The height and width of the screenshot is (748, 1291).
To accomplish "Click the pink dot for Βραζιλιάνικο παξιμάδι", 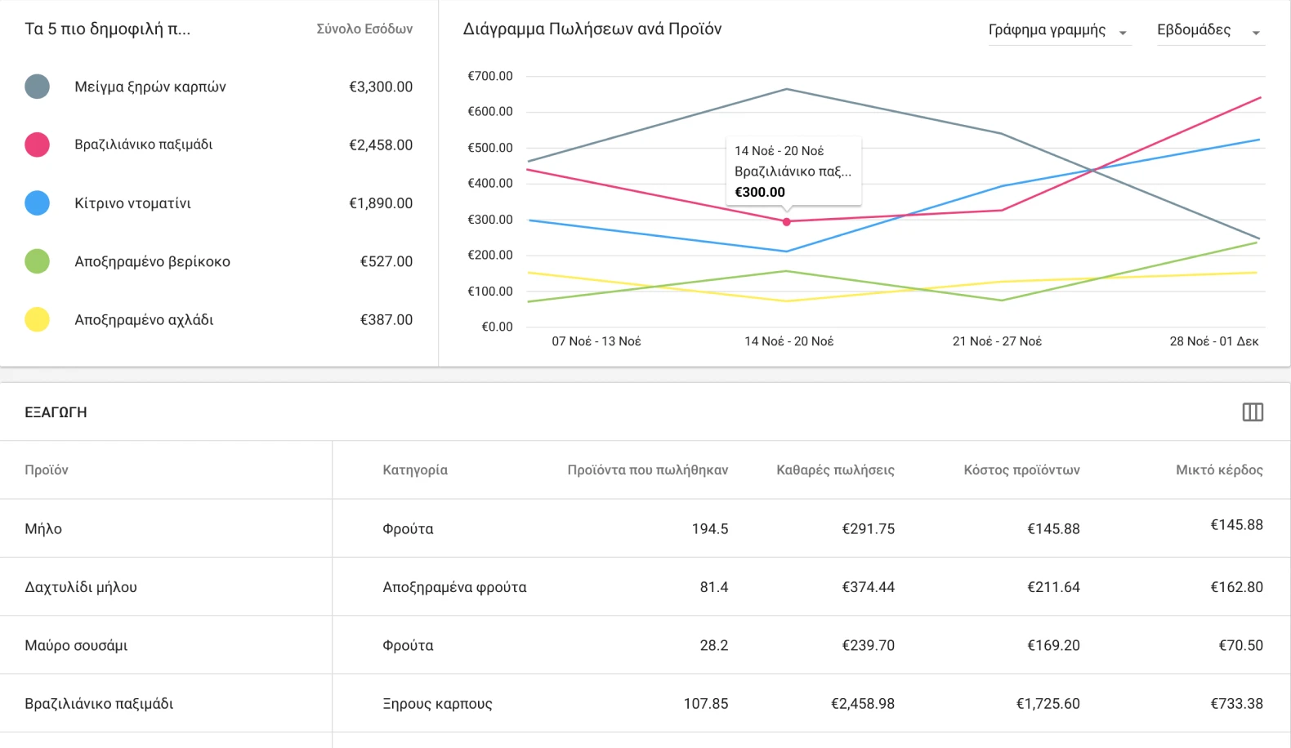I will pyautogui.click(x=37, y=145).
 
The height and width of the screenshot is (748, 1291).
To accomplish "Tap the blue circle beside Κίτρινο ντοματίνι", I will pyautogui.click(x=37, y=203).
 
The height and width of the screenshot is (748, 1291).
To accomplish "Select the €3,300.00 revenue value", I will pyautogui.click(x=381, y=87).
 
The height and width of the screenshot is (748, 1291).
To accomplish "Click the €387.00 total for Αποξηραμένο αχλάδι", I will pyautogui.click(x=386, y=319).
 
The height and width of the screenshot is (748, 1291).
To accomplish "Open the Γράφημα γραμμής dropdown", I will pyautogui.click(x=1059, y=30).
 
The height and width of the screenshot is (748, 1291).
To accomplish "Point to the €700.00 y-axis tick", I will pyautogui.click(x=490, y=76).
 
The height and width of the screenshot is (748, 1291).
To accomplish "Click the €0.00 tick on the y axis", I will pyautogui.click(x=497, y=327).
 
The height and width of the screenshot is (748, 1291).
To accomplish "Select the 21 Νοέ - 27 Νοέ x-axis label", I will pyautogui.click(x=997, y=341).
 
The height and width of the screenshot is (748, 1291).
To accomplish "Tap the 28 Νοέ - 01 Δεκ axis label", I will pyautogui.click(x=1213, y=341).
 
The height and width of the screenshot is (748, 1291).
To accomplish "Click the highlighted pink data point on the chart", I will pyautogui.click(x=787, y=221).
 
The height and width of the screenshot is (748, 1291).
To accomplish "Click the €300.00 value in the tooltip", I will pyautogui.click(x=760, y=192).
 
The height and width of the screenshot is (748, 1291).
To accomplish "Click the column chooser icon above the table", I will pyautogui.click(x=1253, y=412).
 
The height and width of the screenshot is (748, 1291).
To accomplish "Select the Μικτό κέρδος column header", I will pyautogui.click(x=1219, y=470).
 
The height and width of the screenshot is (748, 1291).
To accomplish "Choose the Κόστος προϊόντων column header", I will pyautogui.click(x=1021, y=470).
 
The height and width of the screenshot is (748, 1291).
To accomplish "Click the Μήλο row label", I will pyautogui.click(x=43, y=528).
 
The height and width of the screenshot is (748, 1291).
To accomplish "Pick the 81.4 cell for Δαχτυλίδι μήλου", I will pyautogui.click(x=713, y=586).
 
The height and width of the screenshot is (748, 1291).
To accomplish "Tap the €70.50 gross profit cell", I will pyautogui.click(x=1240, y=645).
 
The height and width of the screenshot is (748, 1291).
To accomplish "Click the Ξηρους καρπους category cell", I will pyautogui.click(x=437, y=703).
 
